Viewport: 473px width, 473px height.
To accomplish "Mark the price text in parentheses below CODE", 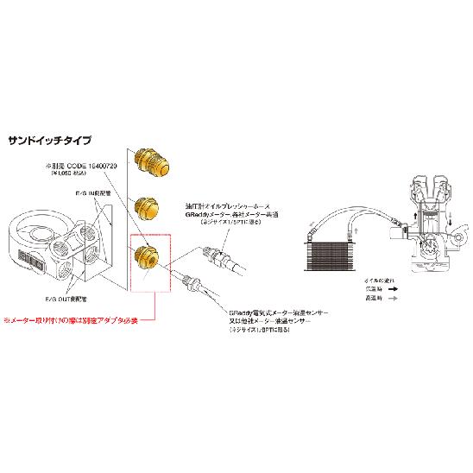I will click(x=66, y=173).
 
